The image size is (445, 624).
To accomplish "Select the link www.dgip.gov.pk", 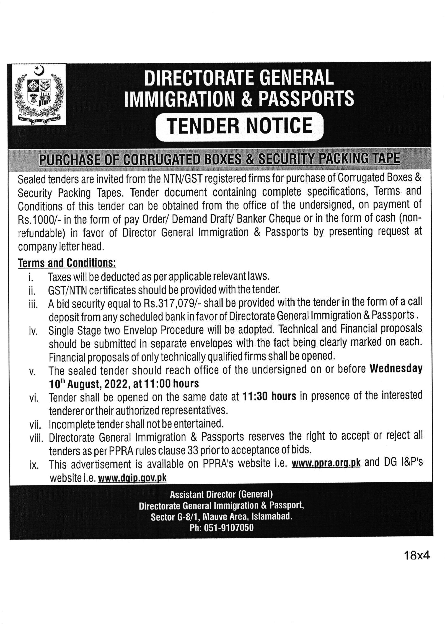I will (x=132, y=478).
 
